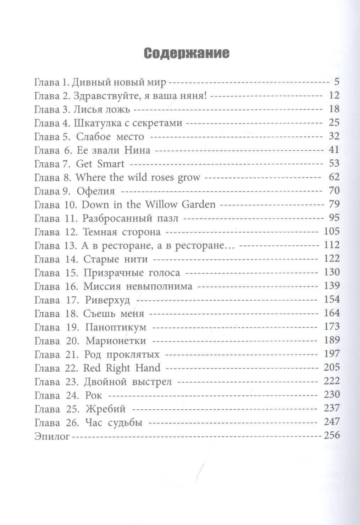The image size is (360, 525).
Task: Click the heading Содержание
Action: pos(187,53)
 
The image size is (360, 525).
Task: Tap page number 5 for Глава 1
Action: pos(336,82)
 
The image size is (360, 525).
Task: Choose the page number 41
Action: pos(334,150)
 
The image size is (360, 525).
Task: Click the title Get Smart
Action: pos(100,164)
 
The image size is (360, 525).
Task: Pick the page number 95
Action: pos(334,218)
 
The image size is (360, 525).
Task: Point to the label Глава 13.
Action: pos(56,245)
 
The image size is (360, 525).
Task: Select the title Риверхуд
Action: pos(107,300)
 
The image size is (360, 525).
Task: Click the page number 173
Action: pos(331,327)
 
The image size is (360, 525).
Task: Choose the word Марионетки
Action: pos(116,341)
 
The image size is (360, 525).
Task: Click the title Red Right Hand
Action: pos(122,368)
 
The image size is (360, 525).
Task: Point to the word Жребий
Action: pos(105,409)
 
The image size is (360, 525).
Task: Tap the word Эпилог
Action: pos(52,436)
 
